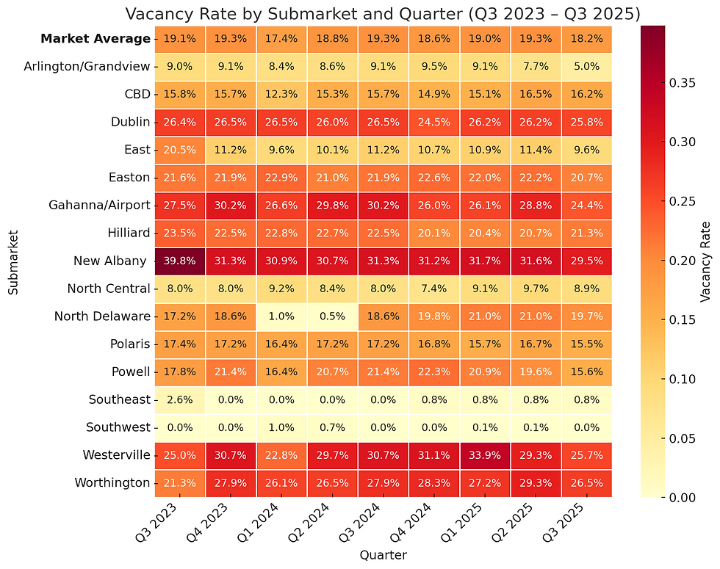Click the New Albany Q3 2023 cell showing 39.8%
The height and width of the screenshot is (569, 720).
(x=180, y=261)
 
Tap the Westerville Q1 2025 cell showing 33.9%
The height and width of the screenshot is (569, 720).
(x=484, y=455)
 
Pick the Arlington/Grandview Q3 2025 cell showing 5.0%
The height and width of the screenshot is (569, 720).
(x=586, y=66)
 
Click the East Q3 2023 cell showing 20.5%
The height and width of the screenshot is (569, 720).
(x=180, y=150)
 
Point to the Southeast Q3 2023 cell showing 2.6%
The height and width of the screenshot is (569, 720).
(x=180, y=399)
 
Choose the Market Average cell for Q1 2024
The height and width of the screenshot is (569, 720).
(x=281, y=38)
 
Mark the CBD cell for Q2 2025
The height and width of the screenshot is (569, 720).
(x=535, y=94)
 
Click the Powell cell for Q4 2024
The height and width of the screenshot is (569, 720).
(x=433, y=372)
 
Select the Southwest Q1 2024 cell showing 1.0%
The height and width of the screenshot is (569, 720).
(x=281, y=427)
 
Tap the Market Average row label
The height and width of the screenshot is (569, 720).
(x=96, y=39)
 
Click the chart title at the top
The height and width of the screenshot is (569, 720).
(x=382, y=13)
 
